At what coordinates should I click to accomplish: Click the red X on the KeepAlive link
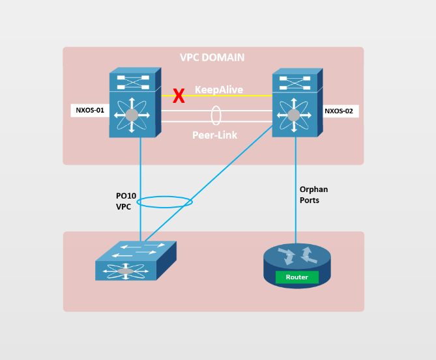(178, 97)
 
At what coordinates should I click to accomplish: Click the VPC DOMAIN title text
(212, 57)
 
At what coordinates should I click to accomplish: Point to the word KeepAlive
(219, 90)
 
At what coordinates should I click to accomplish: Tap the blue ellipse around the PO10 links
(165, 202)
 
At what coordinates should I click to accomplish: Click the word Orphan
(313, 189)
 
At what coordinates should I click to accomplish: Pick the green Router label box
(297, 277)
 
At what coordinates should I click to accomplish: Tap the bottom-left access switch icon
(135, 262)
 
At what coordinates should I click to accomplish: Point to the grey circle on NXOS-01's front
(132, 115)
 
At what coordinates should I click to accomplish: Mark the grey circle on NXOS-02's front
(293, 115)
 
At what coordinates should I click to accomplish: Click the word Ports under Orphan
(310, 201)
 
